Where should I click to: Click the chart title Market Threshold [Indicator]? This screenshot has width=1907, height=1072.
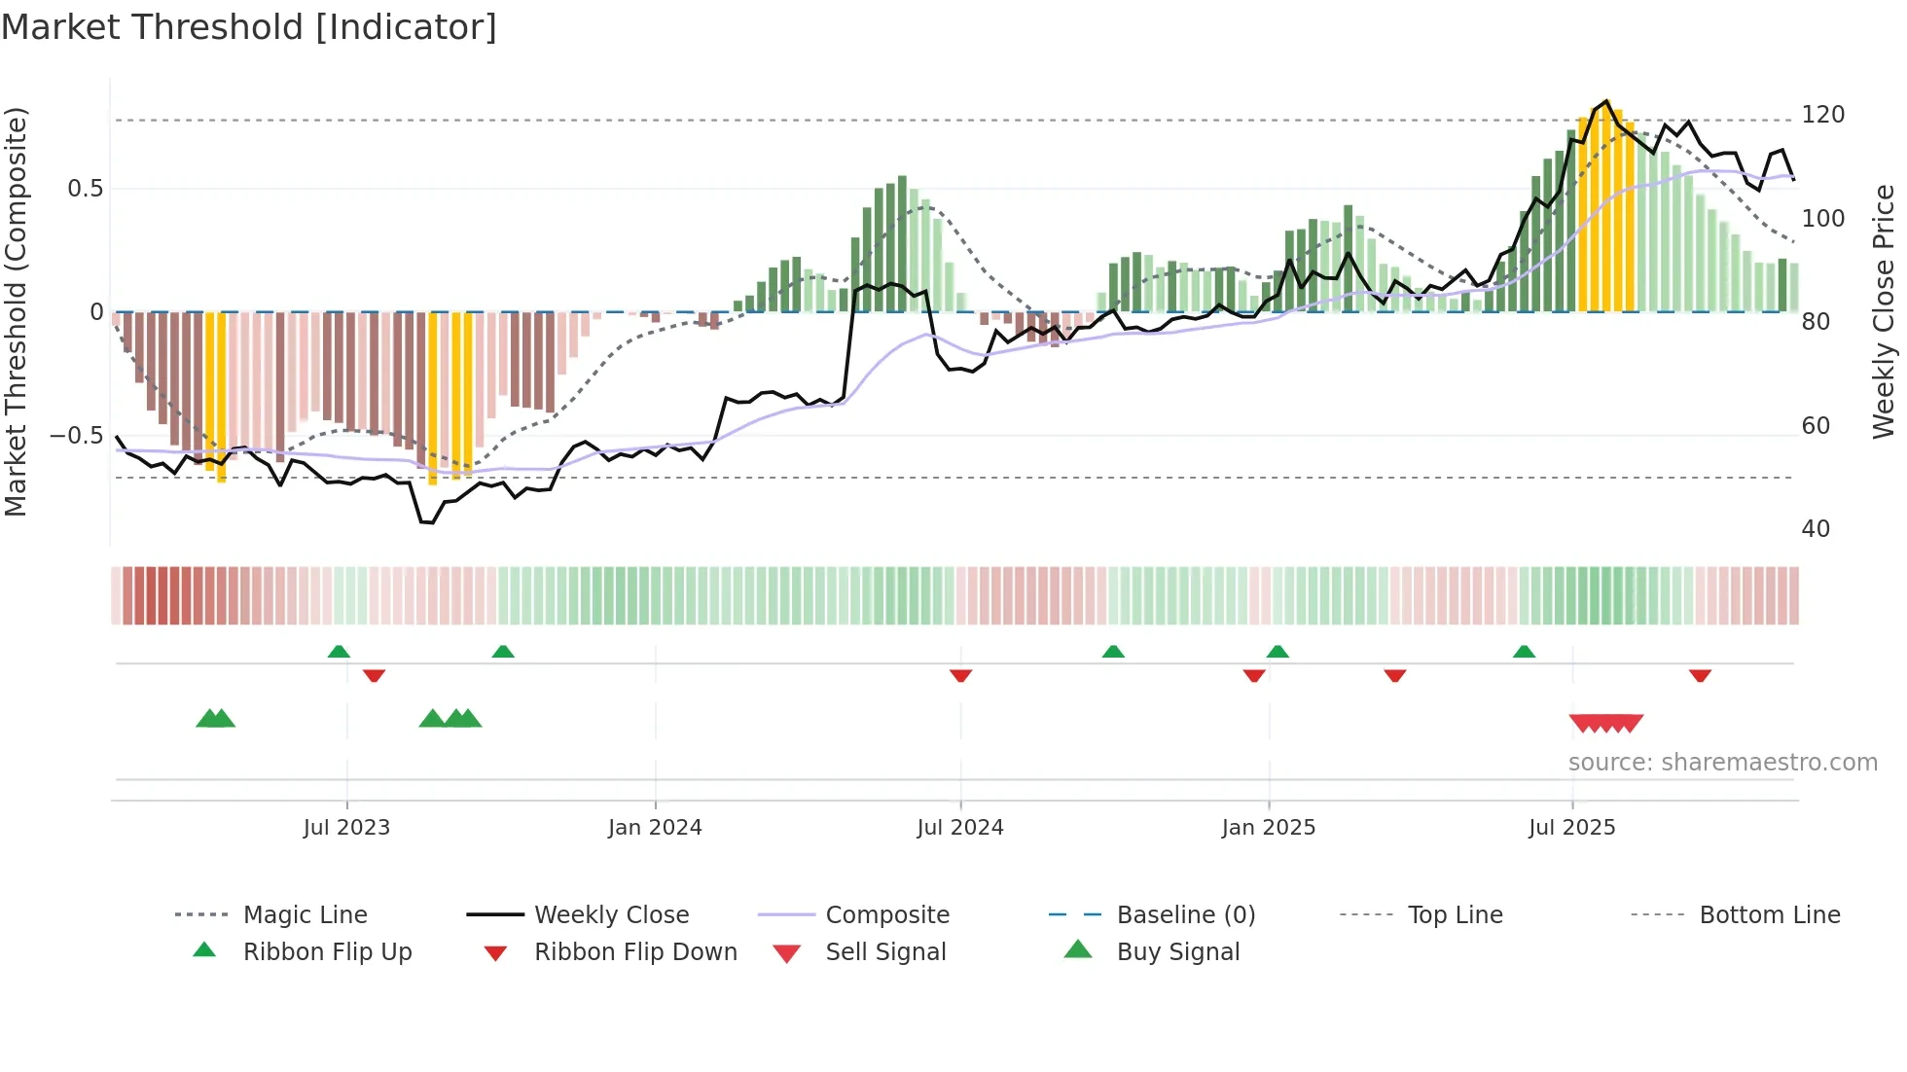pos(249,27)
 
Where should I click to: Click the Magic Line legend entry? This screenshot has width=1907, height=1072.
pos(305,915)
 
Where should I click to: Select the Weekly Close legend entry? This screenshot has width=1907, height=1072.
pos(611,915)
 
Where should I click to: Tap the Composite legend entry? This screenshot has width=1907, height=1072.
pos(886,915)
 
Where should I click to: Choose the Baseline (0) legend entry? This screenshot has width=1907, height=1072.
pos(1185,915)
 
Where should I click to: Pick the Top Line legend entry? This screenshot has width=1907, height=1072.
pos(1455,915)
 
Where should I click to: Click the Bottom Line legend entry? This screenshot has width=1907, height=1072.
pos(1769,915)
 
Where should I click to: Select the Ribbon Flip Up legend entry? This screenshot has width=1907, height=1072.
pos(327,952)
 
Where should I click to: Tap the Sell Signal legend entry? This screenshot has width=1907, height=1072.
pos(884,952)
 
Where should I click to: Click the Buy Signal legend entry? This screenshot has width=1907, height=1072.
pos(1177,952)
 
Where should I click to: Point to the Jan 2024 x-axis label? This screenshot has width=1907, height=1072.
pos(655,828)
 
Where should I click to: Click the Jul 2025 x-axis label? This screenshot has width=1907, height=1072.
pos(1571,828)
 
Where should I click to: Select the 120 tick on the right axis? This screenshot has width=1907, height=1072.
pos(1822,115)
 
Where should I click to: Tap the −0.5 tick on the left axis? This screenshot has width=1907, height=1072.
pos(77,435)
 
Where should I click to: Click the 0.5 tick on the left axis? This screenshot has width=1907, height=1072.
pos(85,189)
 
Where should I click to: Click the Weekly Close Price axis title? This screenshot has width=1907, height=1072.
pos(1884,311)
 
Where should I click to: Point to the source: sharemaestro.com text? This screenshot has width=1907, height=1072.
pos(1722,763)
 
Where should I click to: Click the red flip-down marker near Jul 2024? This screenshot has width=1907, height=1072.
pos(960,675)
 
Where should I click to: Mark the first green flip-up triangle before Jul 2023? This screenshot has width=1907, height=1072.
pos(339,652)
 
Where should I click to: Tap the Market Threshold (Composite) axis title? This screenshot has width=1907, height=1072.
pos(16,311)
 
